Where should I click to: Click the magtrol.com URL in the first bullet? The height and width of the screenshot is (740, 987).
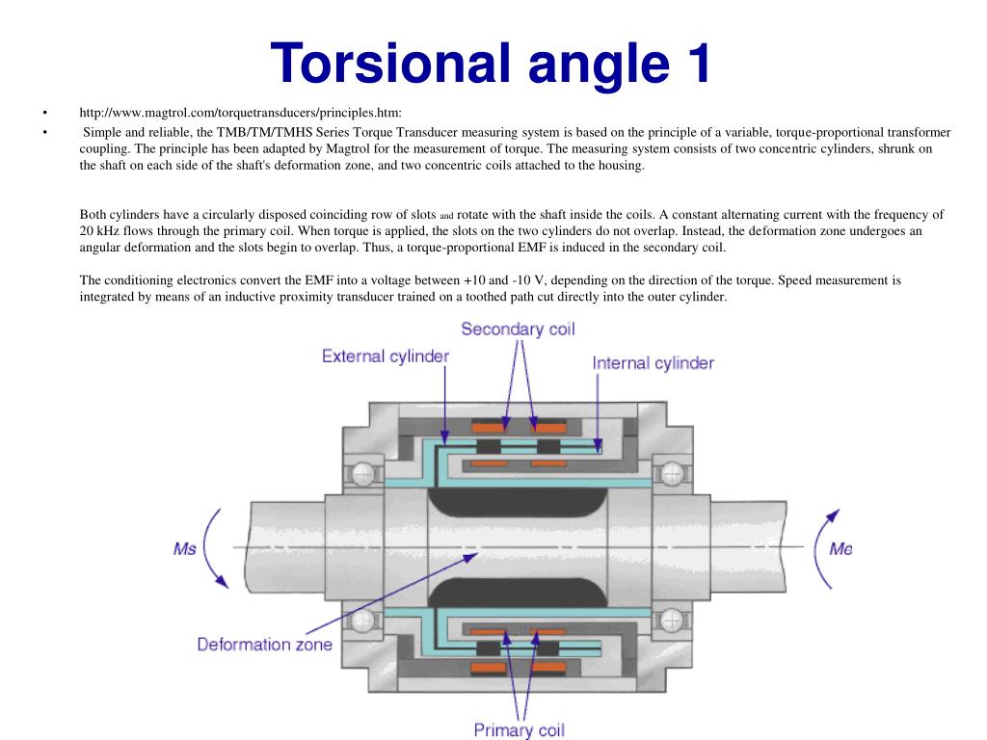tap(240, 113)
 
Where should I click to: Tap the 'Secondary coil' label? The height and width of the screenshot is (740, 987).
tap(518, 330)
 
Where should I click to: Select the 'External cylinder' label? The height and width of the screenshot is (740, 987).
tap(386, 357)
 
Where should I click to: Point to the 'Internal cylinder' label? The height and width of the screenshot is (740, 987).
tap(653, 363)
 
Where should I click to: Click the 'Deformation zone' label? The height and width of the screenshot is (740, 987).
tap(264, 645)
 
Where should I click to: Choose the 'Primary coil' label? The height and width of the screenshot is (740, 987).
tap(519, 730)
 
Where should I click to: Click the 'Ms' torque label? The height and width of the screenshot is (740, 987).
tap(184, 549)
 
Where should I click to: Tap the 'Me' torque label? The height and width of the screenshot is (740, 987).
tap(840, 549)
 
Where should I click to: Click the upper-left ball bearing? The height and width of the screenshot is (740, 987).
tap(363, 474)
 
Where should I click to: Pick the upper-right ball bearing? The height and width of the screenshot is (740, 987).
tap(672, 473)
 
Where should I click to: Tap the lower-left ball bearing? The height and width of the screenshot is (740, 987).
tap(363, 621)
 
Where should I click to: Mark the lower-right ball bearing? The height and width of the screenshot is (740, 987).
tap(672, 621)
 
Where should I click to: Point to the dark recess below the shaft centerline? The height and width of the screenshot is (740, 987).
tap(518, 593)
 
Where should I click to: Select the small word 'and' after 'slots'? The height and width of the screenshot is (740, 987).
tap(446, 216)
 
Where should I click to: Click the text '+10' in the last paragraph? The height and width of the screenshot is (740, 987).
tap(474, 280)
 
